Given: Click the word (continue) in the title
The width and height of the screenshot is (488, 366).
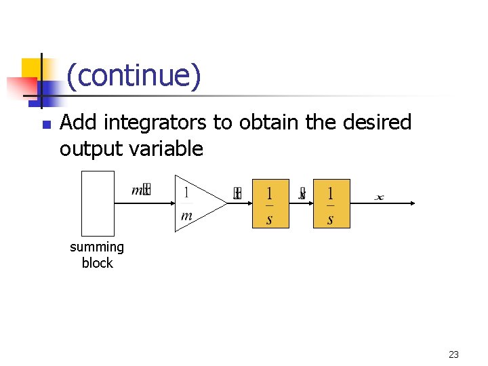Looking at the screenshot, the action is [x=134, y=76].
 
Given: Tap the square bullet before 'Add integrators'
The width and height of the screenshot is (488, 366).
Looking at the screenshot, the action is [x=45, y=125].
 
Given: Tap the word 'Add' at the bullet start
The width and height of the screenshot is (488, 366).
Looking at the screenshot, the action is [x=77, y=123].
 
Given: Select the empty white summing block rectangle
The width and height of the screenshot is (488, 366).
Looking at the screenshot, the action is [x=98, y=203].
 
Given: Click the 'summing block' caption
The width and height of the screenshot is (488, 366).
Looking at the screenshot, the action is [x=97, y=255].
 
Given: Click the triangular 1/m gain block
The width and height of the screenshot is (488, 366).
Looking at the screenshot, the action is [x=197, y=203].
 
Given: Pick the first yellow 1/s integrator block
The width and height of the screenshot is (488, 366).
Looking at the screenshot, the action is [x=270, y=203].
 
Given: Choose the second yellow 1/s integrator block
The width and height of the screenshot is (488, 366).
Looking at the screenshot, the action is [x=331, y=203].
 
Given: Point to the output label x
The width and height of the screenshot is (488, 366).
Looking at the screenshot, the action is [x=379, y=197].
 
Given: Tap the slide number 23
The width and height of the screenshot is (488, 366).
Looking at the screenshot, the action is [x=453, y=354].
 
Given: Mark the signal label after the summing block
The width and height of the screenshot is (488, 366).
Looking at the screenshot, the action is [x=140, y=190].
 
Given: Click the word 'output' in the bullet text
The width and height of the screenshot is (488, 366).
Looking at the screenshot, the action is [x=90, y=148].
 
